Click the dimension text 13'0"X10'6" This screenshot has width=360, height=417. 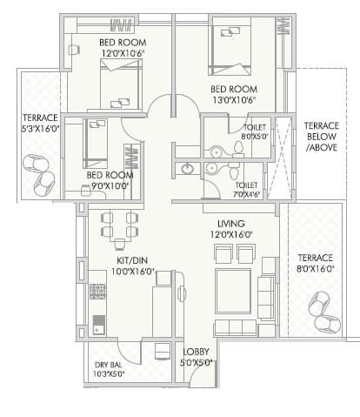(230, 100)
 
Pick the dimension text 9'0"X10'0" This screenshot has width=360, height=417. (108, 185)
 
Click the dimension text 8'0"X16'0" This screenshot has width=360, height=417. (315, 270)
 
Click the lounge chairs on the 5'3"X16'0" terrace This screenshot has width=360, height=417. (38, 173)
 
